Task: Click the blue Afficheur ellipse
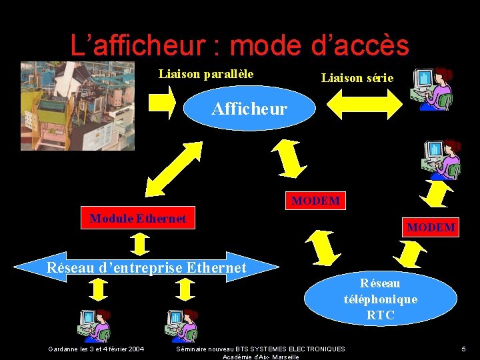coord(249,109)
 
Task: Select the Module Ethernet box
coord(138,219)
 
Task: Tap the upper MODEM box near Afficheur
coord(315,201)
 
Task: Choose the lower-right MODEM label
coord(431,227)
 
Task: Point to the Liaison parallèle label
coord(206,74)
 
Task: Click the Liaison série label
coord(357,78)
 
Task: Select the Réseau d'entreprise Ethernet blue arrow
coord(146,268)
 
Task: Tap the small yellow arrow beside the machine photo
coord(162,101)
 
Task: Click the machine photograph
coord(77,105)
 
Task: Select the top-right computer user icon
coord(431,88)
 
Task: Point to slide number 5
coord(463,349)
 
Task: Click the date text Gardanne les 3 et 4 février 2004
coord(96,349)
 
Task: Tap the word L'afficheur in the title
coord(137,45)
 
